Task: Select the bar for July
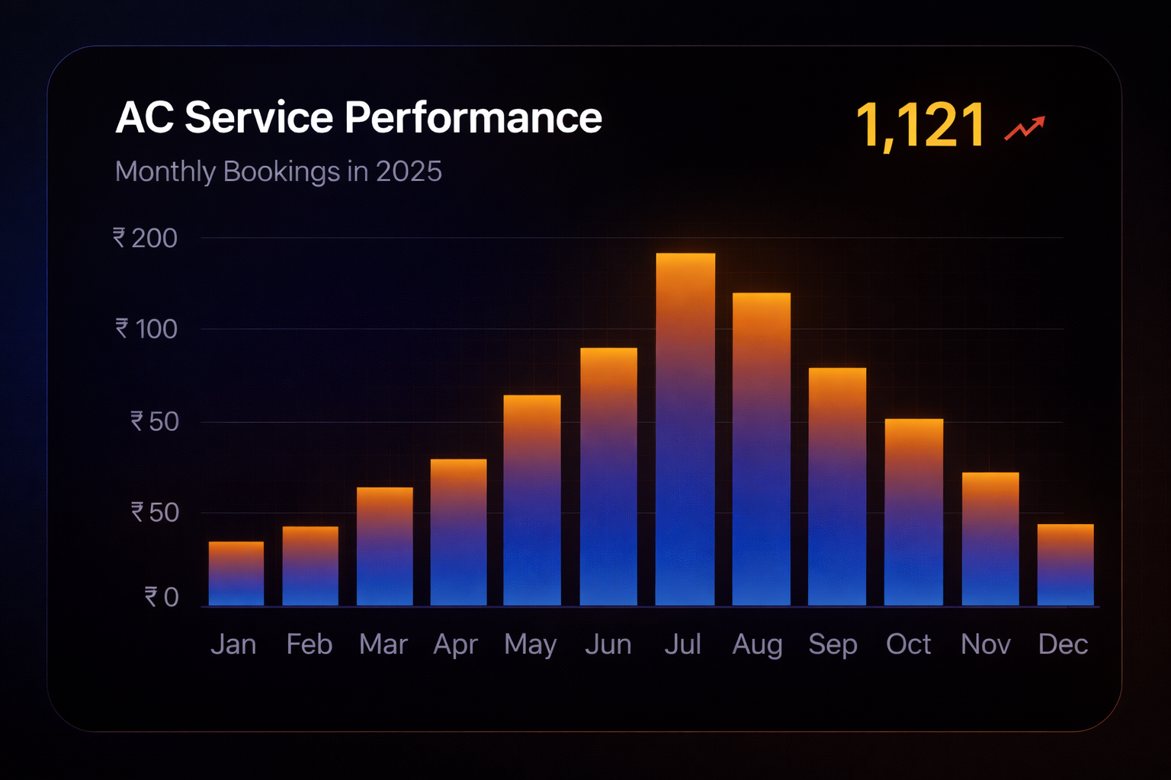[685, 430]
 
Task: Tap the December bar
[1065, 565]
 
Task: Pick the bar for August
[761, 449]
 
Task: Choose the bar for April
[458, 532]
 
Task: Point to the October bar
[913, 513]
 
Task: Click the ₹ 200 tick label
[146, 238]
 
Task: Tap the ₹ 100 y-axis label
[146, 329]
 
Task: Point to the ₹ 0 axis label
[162, 597]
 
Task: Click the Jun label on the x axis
[608, 644]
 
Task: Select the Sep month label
[833, 644]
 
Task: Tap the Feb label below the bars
[309, 644]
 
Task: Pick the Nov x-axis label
[985, 644]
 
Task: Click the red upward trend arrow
[1024, 128]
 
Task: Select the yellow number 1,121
[920, 125]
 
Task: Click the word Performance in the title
[473, 118]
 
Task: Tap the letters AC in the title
[144, 118]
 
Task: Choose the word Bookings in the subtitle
[281, 172]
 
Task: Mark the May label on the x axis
[531, 644]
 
